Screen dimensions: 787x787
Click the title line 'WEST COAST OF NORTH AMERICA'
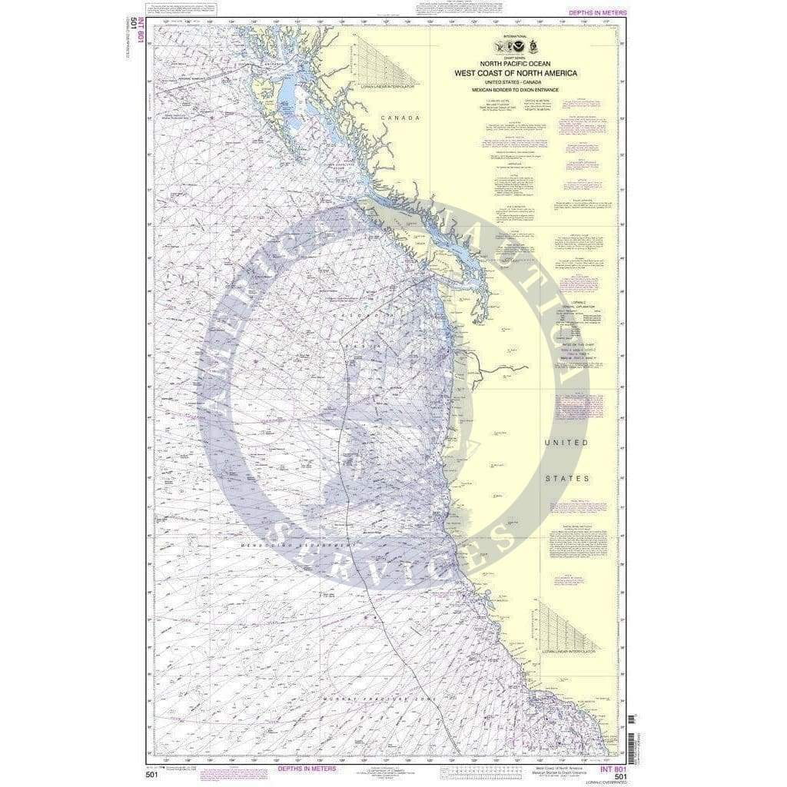(x=516, y=73)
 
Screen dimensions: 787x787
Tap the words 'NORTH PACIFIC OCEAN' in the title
(x=516, y=64)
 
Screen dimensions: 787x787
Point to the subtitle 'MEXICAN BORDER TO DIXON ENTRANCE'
(x=516, y=90)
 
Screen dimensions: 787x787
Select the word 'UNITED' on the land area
(x=566, y=443)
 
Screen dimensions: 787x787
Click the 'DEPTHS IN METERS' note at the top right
(x=597, y=13)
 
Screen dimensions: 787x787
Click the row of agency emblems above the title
(x=516, y=48)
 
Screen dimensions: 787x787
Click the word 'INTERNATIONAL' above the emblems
(x=516, y=35)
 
